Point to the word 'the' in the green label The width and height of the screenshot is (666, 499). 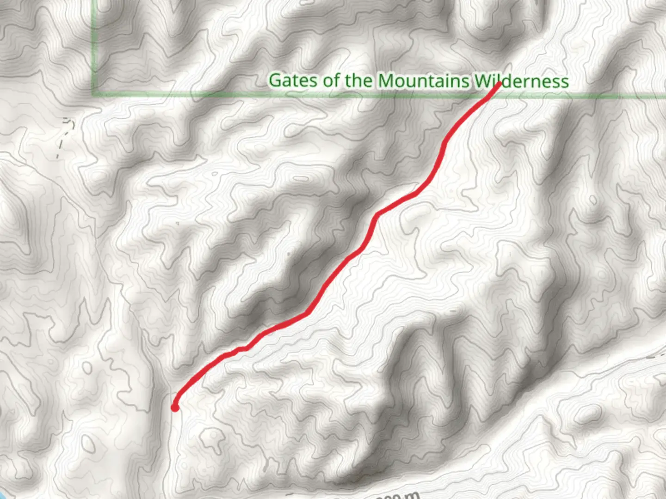pyautogui.click(x=358, y=80)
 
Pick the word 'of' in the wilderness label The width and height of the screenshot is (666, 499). pyautogui.click(x=331, y=80)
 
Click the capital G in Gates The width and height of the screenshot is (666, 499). pyautogui.click(x=276, y=80)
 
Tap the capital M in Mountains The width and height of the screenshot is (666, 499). pyautogui.click(x=387, y=80)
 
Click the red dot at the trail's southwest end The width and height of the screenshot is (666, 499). pyautogui.click(x=175, y=407)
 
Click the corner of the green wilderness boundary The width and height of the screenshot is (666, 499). pyautogui.click(x=94, y=95)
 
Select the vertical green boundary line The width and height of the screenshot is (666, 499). pyautogui.click(x=94, y=46)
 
